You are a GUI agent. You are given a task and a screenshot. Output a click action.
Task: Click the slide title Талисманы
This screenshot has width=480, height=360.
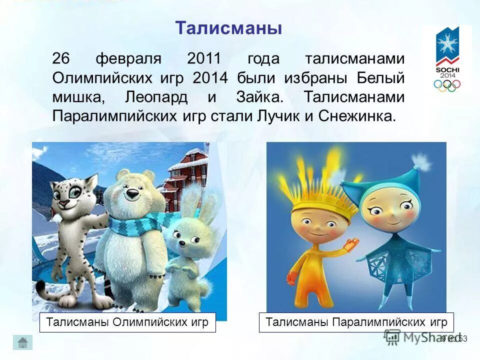(228, 27)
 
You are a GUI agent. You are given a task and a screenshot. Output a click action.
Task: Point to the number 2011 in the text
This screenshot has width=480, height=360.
(204, 59)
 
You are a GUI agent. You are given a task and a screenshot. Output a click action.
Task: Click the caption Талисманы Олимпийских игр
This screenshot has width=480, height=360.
(127, 321)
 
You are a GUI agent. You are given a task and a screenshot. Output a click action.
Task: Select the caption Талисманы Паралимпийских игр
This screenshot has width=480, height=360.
(353, 321)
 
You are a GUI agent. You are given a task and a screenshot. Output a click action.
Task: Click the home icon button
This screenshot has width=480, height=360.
(22, 342)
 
